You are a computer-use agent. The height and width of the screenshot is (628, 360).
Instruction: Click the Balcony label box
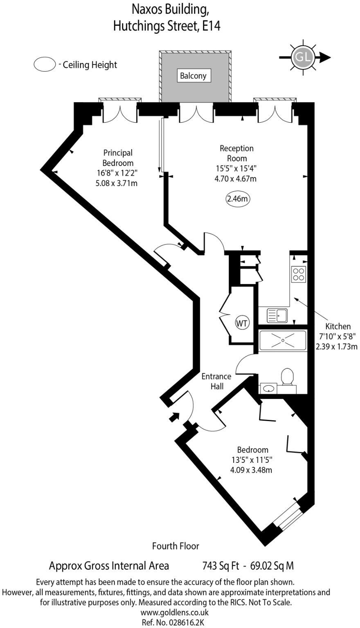click(x=193, y=76)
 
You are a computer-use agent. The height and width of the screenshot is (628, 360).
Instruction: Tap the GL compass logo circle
click(x=302, y=58)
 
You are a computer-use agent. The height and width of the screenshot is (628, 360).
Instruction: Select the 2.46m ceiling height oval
click(x=238, y=199)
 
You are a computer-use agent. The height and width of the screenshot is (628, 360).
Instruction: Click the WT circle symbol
click(x=242, y=323)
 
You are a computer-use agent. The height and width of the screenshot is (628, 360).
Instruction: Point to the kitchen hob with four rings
click(x=298, y=274)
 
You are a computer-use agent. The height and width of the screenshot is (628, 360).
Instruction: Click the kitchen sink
click(x=277, y=315)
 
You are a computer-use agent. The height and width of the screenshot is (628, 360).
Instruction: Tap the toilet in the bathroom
click(x=288, y=376)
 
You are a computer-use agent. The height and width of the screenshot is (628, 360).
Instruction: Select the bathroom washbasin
click(x=268, y=388)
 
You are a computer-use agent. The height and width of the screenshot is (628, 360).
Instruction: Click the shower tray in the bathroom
click(x=282, y=340)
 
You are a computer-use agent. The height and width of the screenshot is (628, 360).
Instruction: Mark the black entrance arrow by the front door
click(x=174, y=417)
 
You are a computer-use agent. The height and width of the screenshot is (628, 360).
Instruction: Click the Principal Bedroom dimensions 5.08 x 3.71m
click(x=116, y=184)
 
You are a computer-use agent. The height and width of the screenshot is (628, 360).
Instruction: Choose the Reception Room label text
click(x=236, y=153)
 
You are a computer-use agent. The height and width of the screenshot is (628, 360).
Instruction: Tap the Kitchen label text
click(x=338, y=326)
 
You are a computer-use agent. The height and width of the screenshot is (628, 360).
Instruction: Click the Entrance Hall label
click(x=216, y=381)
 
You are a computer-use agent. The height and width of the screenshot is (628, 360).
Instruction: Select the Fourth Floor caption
click(x=175, y=546)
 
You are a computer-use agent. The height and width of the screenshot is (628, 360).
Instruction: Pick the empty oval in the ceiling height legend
click(x=45, y=65)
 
